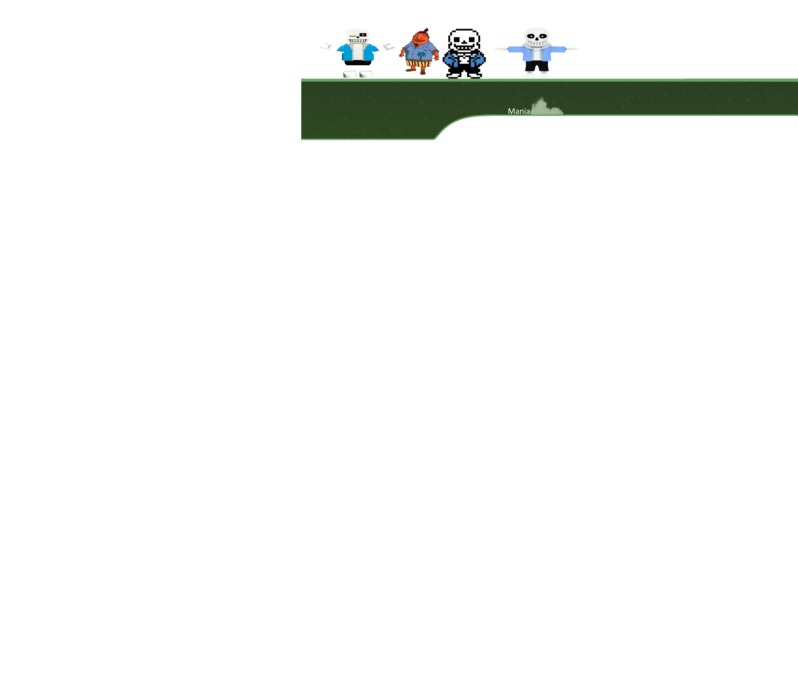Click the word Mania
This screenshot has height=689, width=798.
[x=519, y=111]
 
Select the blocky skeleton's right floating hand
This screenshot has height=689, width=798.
[x=389, y=47]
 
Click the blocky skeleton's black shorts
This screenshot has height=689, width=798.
[x=358, y=62]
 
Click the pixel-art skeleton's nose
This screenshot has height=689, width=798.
[x=464, y=42]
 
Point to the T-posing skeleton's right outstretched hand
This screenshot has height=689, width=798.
[x=501, y=49]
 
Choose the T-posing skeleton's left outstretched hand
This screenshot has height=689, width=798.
[x=572, y=49]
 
